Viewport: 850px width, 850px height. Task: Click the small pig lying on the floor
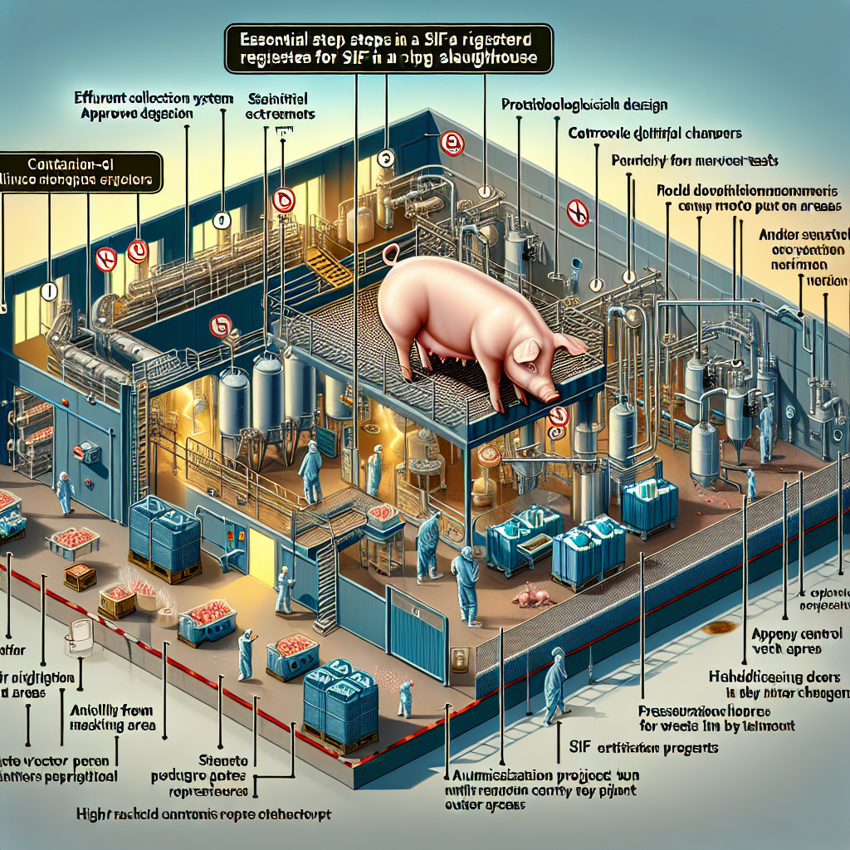[529, 594]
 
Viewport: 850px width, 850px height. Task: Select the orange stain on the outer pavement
[720, 627]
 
